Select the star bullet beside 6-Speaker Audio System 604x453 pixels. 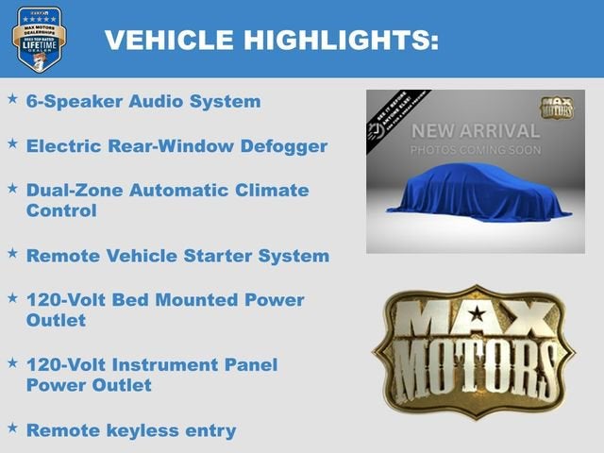pos(12,98)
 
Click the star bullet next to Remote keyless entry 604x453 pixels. pos(12,428)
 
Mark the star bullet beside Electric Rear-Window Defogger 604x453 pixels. pos(12,143)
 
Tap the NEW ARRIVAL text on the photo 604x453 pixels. pos(475,131)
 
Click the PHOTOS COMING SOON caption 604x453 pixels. pos(475,150)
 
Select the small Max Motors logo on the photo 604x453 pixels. pos(557,107)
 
